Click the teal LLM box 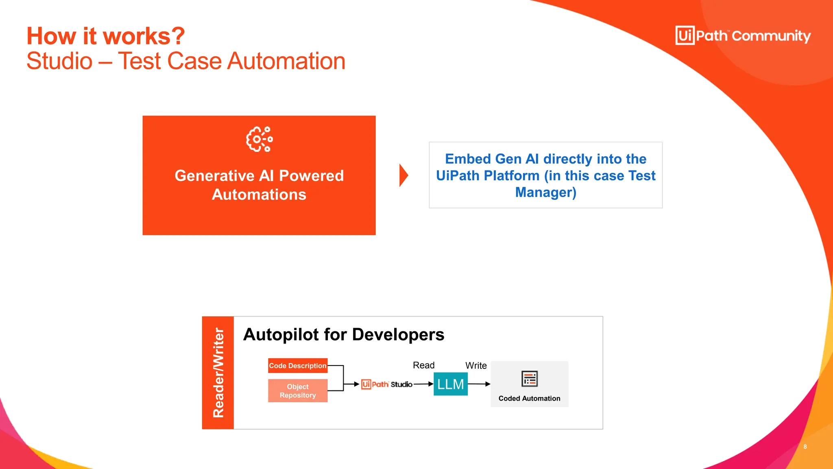pyautogui.click(x=450, y=384)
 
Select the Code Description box pyautogui.click(x=298, y=366)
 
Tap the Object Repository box pyautogui.click(x=298, y=391)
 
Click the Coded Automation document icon pyautogui.click(x=529, y=379)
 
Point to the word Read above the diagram pyautogui.click(x=423, y=365)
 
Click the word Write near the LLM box pyautogui.click(x=476, y=366)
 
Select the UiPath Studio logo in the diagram pyautogui.click(x=386, y=384)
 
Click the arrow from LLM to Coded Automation pyautogui.click(x=479, y=384)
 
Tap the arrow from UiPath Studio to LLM pyautogui.click(x=423, y=384)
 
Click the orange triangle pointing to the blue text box pyautogui.click(x=403, y=175)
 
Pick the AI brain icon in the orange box pyautogui.click(x=259, y=139)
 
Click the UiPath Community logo pyautogui.click(x=743, y=36)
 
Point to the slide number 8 pyautogui.click(x=805, y=447)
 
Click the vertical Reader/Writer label pyautogui.click(x=218, y=373)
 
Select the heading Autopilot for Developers pyautogui.click(x=343, y=335)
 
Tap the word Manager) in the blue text pyautogui.click(x=545, y=192)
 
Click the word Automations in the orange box pyautogui.click(x=259, y=195)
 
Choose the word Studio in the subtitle pyautogui.click(x=60, y=61)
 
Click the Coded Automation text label pyautogui.click(x=529, y=399)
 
